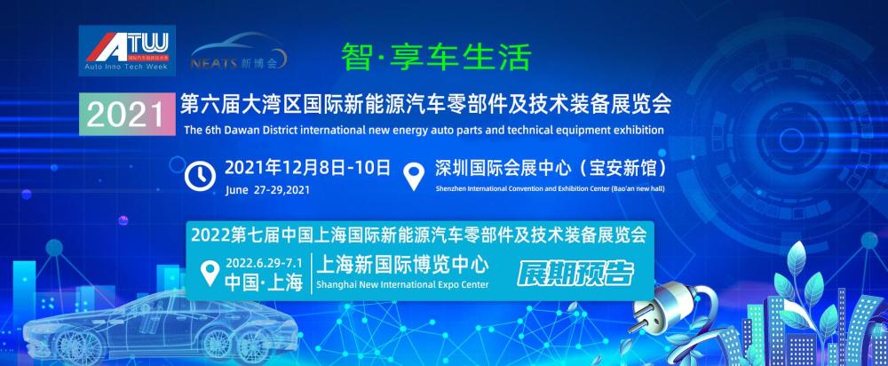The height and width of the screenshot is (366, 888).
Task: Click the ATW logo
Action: (x=127, y=51)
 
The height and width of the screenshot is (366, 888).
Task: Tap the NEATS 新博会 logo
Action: (x=238, y=52)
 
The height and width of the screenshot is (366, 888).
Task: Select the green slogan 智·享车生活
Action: (x=436, y=57)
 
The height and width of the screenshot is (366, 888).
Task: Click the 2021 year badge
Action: (x=127, y=114)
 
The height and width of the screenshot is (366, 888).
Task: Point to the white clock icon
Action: (x=200, y=176)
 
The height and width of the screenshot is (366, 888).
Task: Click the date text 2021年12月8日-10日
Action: (x=308, y=168)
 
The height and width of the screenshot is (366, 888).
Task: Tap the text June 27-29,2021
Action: (x=267, y=190)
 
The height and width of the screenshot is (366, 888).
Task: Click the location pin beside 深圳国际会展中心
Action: (x=415, y=176)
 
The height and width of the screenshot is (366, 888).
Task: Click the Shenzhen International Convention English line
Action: (x=550, y=188)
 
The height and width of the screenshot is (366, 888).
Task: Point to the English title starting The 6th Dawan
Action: (x=424, y=131)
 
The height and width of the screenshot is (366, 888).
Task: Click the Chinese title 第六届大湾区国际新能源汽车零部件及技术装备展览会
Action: (x=425, y=104)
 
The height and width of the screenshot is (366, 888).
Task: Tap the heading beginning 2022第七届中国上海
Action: (x=418, y=235)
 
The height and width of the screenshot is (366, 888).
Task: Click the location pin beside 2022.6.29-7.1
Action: (x=210, y=273)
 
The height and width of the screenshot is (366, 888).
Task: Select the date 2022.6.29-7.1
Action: (x=264, y=264)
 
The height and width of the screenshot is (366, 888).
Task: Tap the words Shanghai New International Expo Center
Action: (x=402, y=284)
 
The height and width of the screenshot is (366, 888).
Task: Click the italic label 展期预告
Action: (x=575, y=274)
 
